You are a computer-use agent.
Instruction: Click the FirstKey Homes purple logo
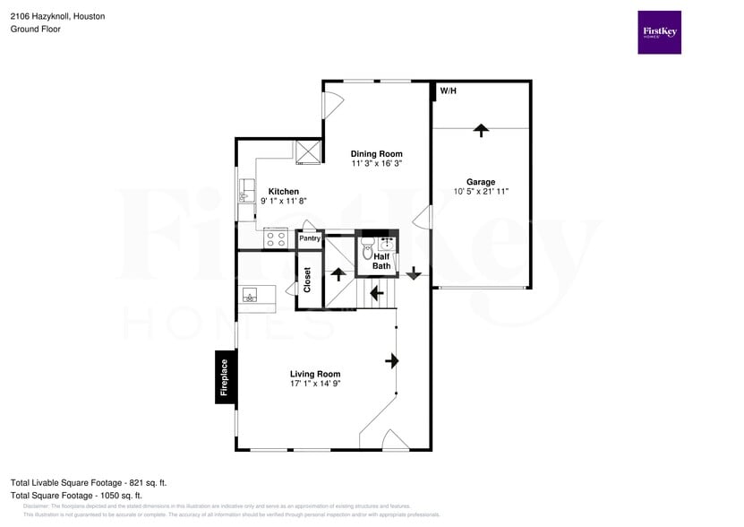pos(659,32)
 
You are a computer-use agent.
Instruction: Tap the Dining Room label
pos(376,153)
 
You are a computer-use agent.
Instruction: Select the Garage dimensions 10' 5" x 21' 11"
pos(481,192)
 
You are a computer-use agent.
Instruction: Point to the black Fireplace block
pos(225,376)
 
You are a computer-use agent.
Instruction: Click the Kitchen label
pos(284,191)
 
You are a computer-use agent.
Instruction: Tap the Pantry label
pos(310,238)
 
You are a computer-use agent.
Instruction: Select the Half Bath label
pos(381,261)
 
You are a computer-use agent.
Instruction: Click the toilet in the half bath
pos(367,250)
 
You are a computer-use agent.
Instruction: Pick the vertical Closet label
pos(307,281)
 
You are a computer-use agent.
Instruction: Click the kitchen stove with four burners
pos(275,239)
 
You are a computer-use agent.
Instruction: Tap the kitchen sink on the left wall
pos(245,191)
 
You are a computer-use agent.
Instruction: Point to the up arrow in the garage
pos(481,130)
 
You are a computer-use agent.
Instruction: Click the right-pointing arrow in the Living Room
pos(392,360)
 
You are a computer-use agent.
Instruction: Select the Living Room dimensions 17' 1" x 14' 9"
pos(315,384)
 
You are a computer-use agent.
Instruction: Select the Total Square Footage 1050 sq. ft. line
pos(77,495)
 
